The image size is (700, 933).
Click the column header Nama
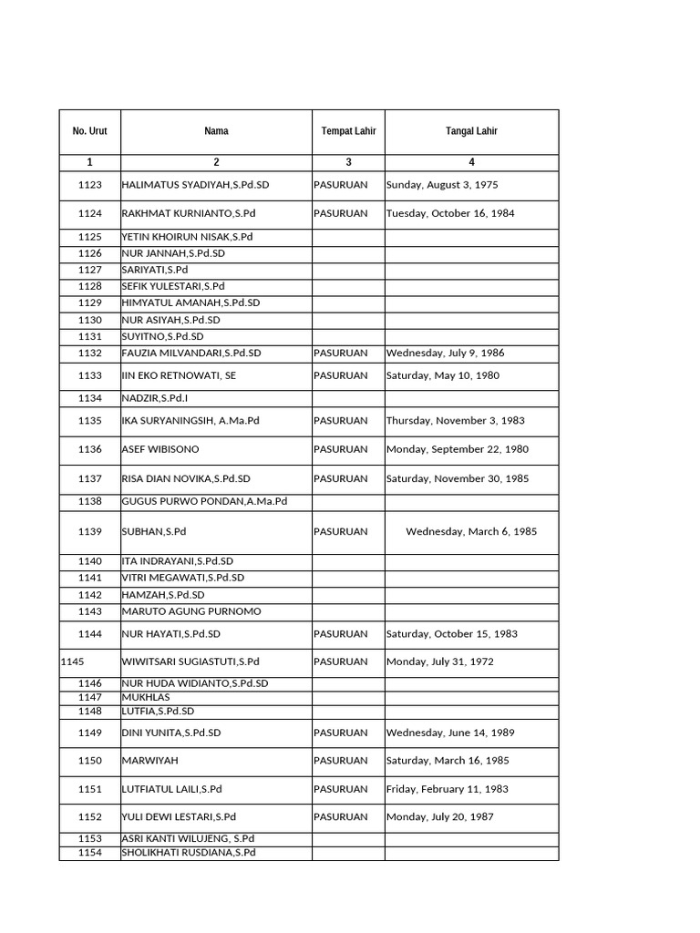(216, 131)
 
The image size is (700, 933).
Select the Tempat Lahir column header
(348, 131)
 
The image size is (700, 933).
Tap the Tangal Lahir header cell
(471, 131)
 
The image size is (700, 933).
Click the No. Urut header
(89, 131)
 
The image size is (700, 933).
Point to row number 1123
(90, 185)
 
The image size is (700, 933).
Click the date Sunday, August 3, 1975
(442, 185)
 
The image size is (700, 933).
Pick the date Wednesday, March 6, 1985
(471, 531)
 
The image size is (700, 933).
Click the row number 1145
(72, 661)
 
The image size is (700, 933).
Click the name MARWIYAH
(149, 760)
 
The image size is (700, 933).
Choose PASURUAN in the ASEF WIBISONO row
(341, 449)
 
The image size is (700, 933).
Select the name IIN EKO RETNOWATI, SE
(179, 375)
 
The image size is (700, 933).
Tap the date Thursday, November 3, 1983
(456, 421)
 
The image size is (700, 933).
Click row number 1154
(90, 853)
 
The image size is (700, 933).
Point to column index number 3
(348, 162)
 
